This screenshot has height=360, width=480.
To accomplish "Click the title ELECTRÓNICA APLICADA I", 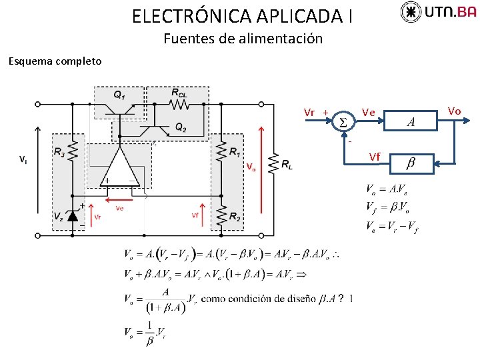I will tap(243, 16).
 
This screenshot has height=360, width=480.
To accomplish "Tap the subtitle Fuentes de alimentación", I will tap(243, 39).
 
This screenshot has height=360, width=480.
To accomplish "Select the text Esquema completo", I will tap(55, 61).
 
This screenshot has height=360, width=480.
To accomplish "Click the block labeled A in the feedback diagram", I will tap(411, 121).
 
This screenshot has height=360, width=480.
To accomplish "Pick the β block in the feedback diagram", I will tap(411, 163).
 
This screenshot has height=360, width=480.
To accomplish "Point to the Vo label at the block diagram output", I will tap(454, 110).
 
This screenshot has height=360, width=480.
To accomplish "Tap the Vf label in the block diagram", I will tap(375, 157).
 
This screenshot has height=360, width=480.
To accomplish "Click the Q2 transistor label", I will tap(181, 127).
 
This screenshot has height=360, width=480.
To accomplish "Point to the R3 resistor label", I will tap(59, 152).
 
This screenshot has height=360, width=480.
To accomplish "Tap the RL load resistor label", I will tap(287, 164).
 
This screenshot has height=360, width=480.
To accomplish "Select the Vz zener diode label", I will tap(59, 216).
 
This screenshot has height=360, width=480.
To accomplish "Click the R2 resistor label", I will tap(235, 216).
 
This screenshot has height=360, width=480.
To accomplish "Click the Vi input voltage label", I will tap(23, 159).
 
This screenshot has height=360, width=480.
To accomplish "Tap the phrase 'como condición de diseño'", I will tap(258, 299).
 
